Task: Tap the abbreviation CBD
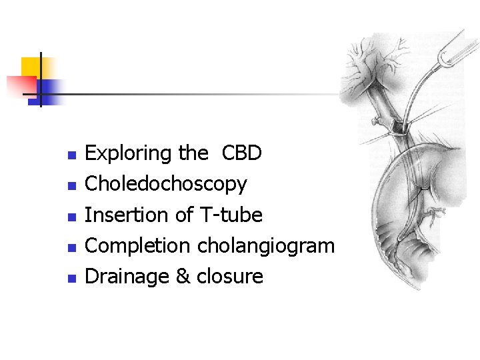pyautogui.click(x=241, y=153)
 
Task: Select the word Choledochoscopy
pyautogui.click(x=166, y=184)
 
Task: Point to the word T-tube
pyautogui.click(x=231, y=215)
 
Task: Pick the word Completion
pyautogui.click(x=138, y=246)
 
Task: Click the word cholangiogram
pyautogui.click(x=265, y=246)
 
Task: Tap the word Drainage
pyautogui.click(x=127, y=277)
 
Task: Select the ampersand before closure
pyautogui.click(x=183, y=277)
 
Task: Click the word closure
pyautogui.click(x=229, y=277)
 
